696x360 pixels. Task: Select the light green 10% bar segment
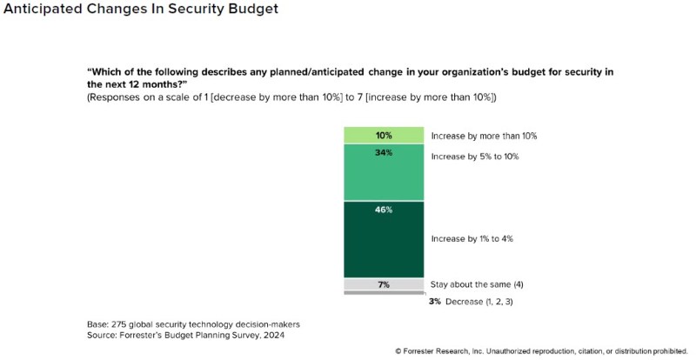[x=384, y=135]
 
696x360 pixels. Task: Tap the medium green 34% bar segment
[x=384, y=172]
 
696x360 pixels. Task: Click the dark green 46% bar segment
[x=384, y=239]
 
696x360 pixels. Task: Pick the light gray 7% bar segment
[x=384, y=284]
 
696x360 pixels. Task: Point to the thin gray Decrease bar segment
[x=384, y=293]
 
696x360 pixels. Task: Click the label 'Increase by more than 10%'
[x=484, y=137]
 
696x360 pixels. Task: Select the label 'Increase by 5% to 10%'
[x=476, y=157]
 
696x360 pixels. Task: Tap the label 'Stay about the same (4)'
[x=478, y=284]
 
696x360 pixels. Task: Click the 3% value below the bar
[x=435, y=301]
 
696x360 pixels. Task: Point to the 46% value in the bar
[x=384, y=210]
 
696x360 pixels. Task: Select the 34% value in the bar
[x=384, y=153]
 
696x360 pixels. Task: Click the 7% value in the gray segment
[x=384, y=284]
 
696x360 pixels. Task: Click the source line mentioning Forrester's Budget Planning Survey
[x=186, y=334]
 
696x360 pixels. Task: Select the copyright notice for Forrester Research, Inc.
[x=541, y=351]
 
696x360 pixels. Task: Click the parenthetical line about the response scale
[x=291, y=97]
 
